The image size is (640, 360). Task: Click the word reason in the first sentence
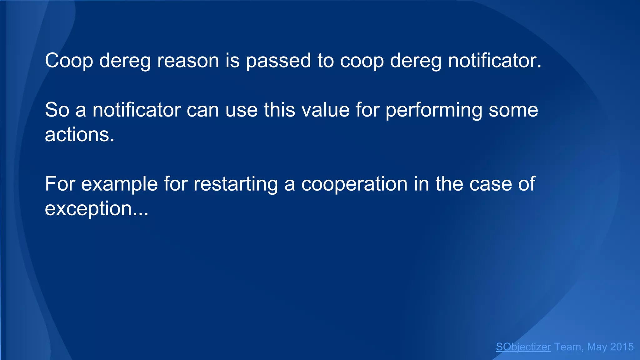click(188, 61)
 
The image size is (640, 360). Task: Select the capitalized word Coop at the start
click(69, 61)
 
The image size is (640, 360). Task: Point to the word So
click(57, 110)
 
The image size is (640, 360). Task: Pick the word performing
click(434, 111)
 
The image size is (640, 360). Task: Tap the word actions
click(80, 135)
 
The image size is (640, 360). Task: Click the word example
click(119, 184)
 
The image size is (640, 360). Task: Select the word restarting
click(236, 184)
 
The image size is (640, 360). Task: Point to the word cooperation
click(354, 184)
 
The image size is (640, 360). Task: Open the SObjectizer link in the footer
click(523, 347)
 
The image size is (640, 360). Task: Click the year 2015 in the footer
click(622, 347)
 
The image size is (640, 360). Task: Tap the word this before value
click(279, 110)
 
